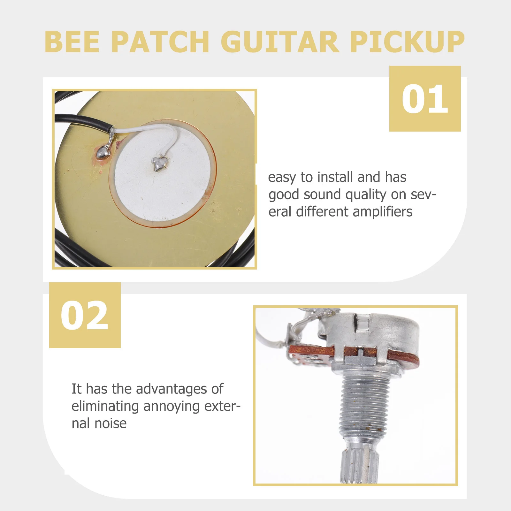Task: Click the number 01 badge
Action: [x=425, y=99]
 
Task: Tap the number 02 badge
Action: [x=85, y=315]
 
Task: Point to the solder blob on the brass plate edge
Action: [x=104, y=153]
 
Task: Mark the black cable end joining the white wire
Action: [x=109, y=129]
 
